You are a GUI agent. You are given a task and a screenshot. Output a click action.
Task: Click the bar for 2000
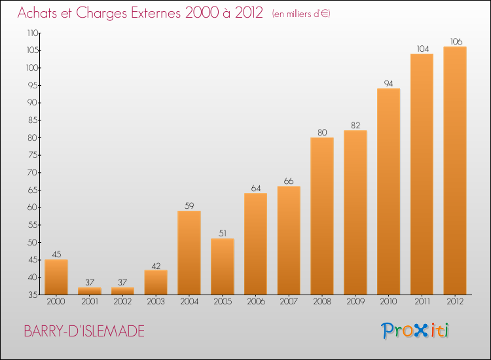point(56,277)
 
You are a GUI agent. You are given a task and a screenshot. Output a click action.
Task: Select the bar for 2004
point(189,253)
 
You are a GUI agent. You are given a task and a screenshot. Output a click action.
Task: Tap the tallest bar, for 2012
point(455,170)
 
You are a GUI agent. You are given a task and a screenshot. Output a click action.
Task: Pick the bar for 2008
point(322,216)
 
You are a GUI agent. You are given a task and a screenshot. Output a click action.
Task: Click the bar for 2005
point(223,266)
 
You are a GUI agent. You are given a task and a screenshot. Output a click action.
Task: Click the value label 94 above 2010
point(388,83)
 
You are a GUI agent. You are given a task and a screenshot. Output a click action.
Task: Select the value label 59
point(189,206)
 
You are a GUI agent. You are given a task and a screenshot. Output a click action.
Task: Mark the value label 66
point(289,181)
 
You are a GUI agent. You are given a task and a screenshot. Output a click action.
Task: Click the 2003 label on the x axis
point(156,302)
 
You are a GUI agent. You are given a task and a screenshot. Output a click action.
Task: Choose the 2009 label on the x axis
point(355,302)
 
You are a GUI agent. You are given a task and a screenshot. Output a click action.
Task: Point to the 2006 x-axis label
point(255,302)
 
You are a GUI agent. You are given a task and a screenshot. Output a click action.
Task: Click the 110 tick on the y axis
point(33,33)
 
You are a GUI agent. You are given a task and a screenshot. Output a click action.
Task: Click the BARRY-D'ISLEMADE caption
point(84,331)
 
